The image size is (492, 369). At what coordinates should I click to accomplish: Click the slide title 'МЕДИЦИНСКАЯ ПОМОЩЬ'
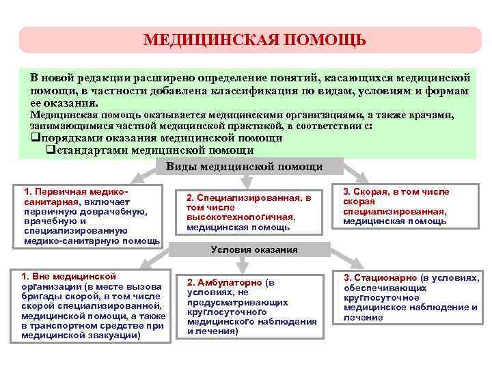(x=254, y=40)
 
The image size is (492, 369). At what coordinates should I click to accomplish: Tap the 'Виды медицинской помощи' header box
(x=245, y=166)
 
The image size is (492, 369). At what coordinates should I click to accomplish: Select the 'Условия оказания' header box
(x=254, y=249)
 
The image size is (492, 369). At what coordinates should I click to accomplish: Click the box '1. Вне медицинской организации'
(x=92, y=305)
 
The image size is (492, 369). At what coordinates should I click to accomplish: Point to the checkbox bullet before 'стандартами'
(x=51, y=150)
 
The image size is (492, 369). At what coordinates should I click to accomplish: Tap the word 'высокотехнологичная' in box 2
(x=240, y=217)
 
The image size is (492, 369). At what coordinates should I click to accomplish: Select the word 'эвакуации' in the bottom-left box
(x=113, y=336)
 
